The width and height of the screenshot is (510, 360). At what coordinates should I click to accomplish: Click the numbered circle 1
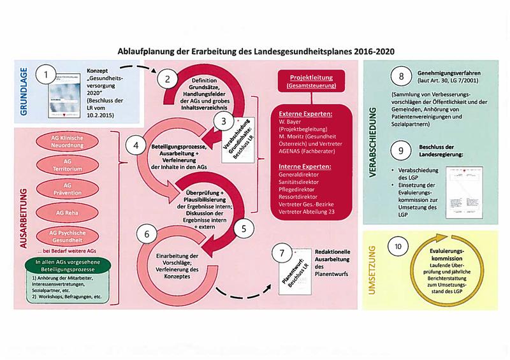[x=46, y=75]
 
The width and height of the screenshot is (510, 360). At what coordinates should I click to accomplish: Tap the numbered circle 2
[x=167, y=80]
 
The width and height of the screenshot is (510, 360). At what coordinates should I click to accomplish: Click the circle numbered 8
[x=401, y=77]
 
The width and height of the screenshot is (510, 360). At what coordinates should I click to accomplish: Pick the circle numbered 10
[x=398, y=246]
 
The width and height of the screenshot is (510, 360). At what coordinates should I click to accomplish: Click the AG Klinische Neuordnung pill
[x=73, y=141]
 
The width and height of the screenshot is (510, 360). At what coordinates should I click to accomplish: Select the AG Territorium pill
[x=73, y=164]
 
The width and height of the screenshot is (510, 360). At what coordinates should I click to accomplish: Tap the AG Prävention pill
[x=73, y=187]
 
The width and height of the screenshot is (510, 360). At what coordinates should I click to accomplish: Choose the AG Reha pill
[x=73, y=211]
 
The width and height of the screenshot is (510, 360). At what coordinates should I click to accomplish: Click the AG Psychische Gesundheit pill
[x=73, y=235]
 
